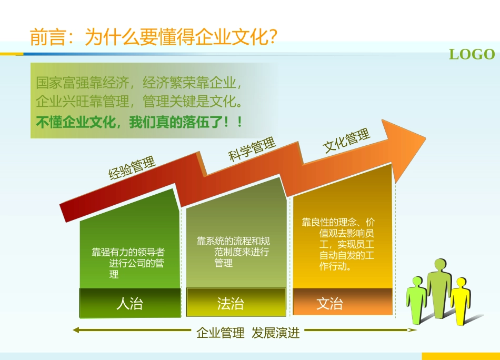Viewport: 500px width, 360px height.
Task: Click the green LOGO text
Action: point(472,55)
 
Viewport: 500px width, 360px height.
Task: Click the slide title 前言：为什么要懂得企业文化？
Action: point(154,38)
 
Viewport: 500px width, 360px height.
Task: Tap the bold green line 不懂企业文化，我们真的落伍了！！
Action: point(139,123)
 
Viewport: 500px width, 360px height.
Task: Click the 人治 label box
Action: point(129,303)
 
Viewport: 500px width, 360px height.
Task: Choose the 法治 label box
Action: point(231,303)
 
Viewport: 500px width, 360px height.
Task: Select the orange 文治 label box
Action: point(330,303)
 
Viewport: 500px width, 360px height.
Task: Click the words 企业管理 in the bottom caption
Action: point(221,333)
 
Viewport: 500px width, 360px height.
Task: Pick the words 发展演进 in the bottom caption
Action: point(275,333)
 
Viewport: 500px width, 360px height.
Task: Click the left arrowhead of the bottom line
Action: point(76,331)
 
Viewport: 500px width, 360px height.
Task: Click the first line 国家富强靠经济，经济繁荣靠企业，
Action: point(139,83)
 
